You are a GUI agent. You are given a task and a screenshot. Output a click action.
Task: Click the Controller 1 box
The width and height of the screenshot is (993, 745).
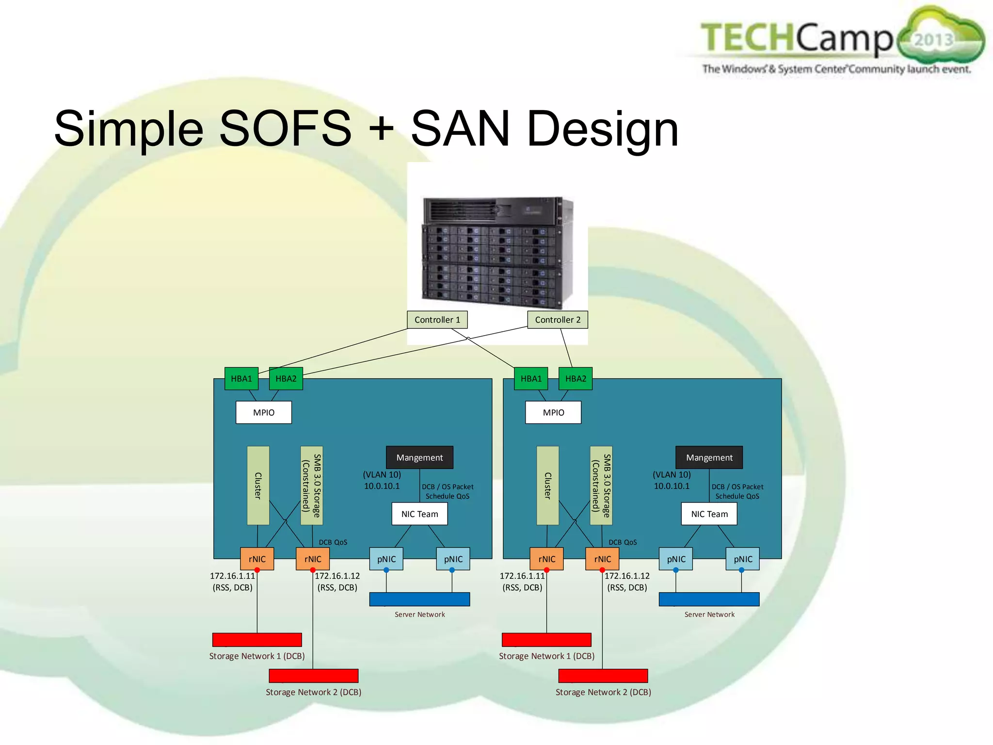coord(437,320)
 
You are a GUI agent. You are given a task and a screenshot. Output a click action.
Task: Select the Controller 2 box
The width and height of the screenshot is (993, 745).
coord(557,320)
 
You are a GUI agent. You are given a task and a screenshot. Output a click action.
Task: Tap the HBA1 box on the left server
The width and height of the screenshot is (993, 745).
coord(241,378)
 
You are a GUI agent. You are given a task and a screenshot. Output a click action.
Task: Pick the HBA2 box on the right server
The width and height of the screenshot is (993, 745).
coord(575,378)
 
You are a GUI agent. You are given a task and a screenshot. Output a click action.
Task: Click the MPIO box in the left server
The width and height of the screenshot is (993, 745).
coord(263,412)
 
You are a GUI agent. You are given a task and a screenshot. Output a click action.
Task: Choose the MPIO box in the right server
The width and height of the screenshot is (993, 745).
coord(553,412)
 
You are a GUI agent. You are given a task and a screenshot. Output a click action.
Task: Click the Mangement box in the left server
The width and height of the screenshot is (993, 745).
coord(419,457)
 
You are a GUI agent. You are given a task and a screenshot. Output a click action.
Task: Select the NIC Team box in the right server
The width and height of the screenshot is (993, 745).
coord(709,514)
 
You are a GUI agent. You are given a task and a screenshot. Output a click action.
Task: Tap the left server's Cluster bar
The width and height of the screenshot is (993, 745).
coord(258,486)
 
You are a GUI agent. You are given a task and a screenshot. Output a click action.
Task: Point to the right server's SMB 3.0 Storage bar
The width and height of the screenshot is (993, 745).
coord(601,486)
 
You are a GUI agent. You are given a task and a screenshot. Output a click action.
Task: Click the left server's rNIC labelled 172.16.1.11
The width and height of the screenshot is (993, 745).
coord(257,559)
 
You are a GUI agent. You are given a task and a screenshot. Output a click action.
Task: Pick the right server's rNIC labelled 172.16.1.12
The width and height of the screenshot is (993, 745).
coord(602,559)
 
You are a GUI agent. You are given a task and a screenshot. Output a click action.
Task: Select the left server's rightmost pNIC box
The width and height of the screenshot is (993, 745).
coord(453,559)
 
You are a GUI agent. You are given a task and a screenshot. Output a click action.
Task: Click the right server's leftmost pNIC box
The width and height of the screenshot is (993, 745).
coord(676,559)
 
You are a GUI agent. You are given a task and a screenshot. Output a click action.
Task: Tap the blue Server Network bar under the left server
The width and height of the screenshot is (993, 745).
coord(419,599)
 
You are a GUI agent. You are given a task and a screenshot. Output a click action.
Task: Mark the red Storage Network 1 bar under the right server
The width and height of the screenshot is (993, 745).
coord(546,640)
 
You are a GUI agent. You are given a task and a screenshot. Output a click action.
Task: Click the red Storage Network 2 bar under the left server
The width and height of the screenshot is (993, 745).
coord(313,676)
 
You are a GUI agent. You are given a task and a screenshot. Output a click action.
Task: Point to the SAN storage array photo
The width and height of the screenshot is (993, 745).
coord(497,252)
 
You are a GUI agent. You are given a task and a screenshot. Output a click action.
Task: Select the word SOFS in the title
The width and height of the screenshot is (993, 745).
coord(285,129)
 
